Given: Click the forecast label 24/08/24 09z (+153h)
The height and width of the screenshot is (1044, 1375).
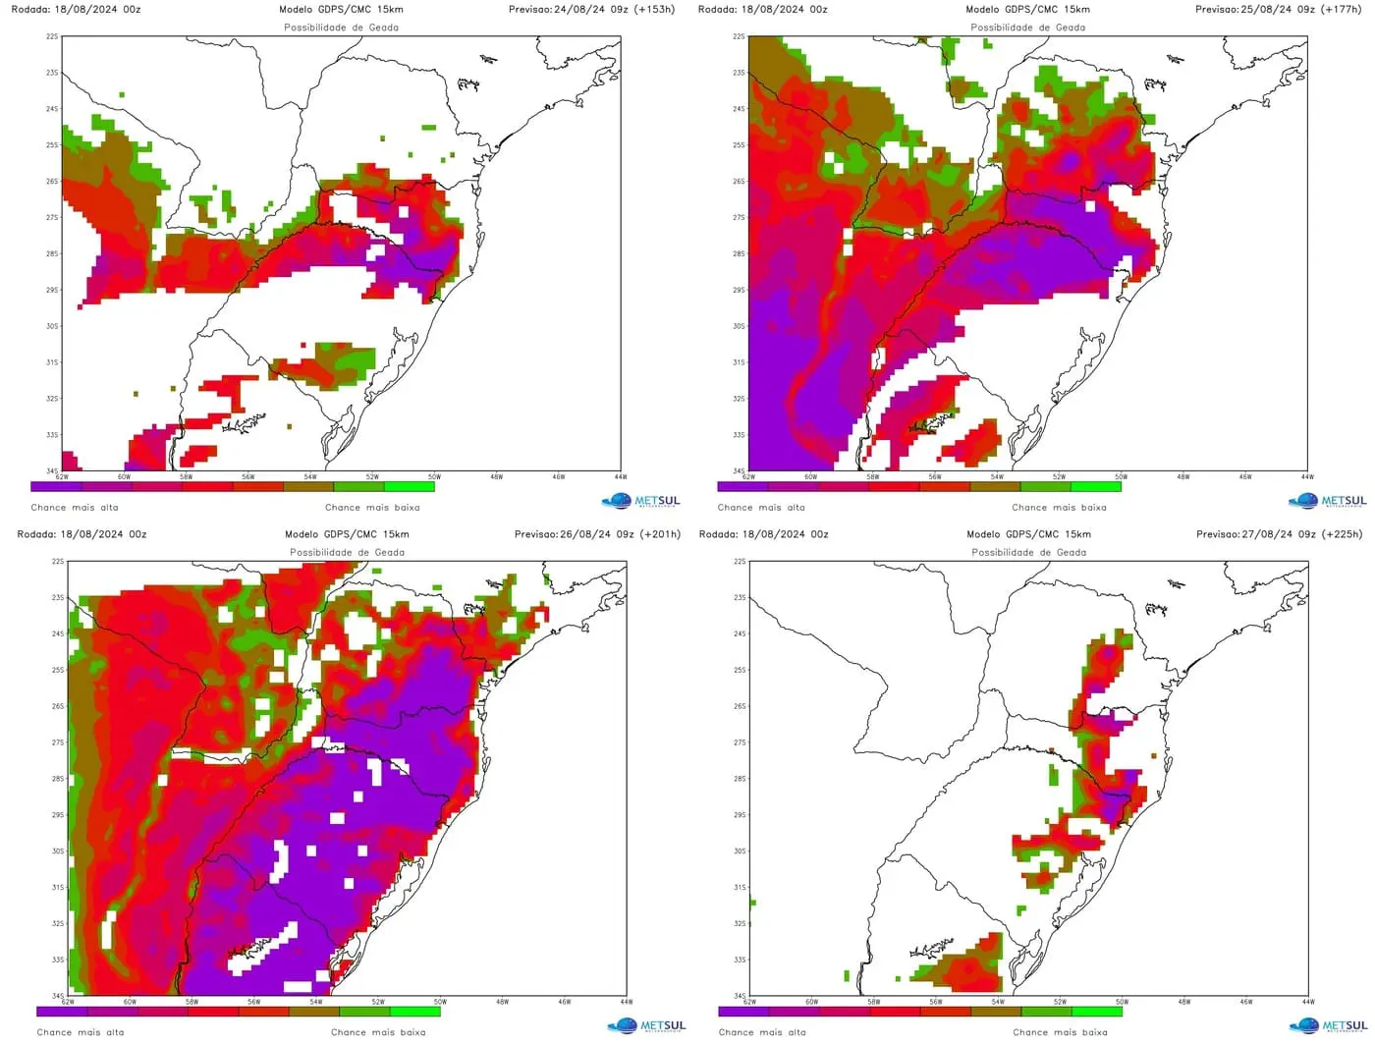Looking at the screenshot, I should (x=591, y=10).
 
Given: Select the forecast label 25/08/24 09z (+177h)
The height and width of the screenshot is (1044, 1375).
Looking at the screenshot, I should (x=1278, y=10).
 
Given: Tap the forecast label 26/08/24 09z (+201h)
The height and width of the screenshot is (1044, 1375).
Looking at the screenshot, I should (x=597, y=535).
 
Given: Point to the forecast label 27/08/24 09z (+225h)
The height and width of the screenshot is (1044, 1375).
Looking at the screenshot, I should (x=1279, y=535).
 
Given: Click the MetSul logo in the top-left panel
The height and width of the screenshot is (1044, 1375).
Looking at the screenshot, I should (x=640, y=501).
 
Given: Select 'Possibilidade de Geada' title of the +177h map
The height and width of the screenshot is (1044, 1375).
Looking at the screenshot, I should (x=1028, y=27).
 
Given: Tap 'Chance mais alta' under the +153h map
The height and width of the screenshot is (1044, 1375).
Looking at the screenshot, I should (x=75, y=508).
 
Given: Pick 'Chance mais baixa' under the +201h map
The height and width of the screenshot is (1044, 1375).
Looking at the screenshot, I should (x=378, y=1032).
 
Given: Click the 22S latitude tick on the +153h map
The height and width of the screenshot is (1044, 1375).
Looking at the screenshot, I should (x=52, y=36).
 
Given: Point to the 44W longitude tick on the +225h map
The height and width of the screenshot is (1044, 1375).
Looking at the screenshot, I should (x=1307, y=1002).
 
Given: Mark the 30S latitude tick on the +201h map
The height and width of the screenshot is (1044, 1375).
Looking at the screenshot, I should (x=58, y=851).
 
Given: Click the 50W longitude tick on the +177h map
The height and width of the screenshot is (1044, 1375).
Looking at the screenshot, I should (x=1121, y=477).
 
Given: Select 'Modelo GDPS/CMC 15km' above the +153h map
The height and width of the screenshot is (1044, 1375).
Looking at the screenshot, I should (x=341, y=10).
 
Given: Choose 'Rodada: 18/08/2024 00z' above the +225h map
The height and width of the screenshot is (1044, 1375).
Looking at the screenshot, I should (x=764, y=535).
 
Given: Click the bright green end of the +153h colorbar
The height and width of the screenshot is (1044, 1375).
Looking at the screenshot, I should (x=410, y=486).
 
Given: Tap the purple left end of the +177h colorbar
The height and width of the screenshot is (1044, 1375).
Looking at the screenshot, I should (x=742, y=486).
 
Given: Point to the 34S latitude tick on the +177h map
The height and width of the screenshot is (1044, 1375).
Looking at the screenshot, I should (x=739, y=470).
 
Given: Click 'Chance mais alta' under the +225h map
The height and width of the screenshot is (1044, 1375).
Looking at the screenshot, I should (x=762, y=1032).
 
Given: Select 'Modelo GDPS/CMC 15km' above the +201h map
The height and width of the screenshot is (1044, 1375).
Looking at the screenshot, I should (x=347, y=535).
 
